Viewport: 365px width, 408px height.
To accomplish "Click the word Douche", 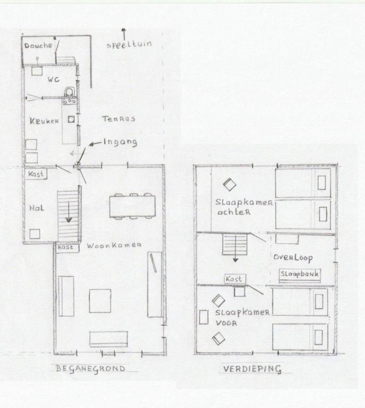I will [x=38, y=46].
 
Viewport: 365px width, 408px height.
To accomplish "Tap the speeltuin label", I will [x=129, y=44].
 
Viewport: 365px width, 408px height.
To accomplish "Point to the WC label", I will [x=53, y=80].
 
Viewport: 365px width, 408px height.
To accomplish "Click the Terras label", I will [x=118, y=118].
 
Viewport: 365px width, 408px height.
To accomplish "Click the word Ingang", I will [x=120, y=142].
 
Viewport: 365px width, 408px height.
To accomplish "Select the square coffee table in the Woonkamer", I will [x=100, y=301].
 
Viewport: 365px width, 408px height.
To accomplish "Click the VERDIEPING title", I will [x=252, y=369].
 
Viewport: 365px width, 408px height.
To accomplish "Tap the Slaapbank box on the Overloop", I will [x=299, y=274].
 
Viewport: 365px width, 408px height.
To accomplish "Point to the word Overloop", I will [x=293, y=258].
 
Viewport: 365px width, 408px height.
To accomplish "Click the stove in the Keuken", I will [x=69, y=96].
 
